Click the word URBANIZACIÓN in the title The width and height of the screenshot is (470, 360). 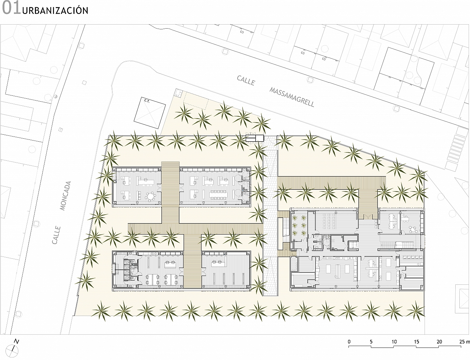tap(55, 10)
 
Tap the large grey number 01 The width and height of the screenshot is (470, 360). tap(11, 8)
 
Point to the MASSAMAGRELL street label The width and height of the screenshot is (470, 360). tap(292, 97)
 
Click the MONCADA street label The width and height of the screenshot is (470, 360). tap(65, 196)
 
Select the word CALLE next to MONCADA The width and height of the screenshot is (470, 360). tap(56, 235)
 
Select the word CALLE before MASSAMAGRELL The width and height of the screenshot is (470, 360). tap(246, 80)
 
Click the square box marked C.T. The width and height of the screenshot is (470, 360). tap(150, 112)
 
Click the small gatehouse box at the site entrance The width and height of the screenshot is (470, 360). tap(255, 138)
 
